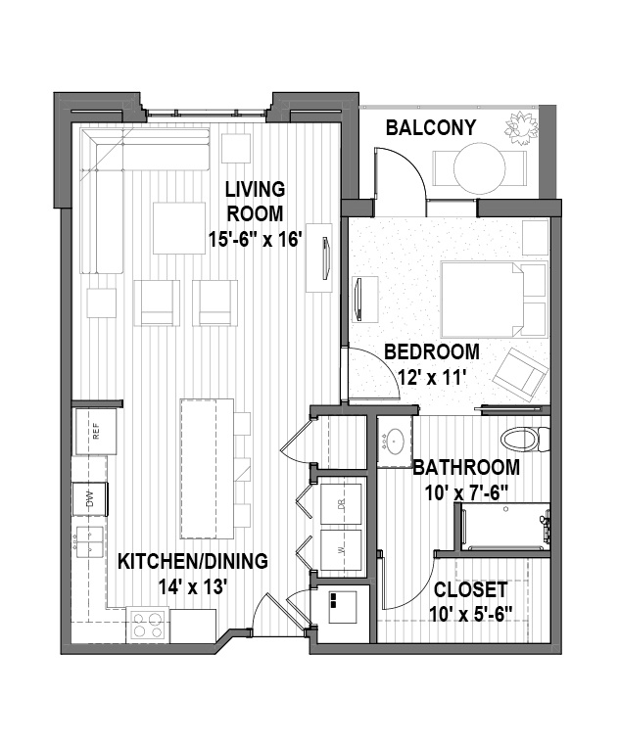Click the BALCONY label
click(430, 127)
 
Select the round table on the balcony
click(480, 167)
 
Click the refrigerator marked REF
click(96, 432)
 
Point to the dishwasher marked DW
click(89, 499)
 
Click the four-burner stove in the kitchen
click(147, 625)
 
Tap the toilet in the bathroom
click(525, 440)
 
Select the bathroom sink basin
click(395, 440)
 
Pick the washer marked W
click(341, 549)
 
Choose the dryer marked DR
click(341, 504)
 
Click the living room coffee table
click(179, 228)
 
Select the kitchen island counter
click(207, 469)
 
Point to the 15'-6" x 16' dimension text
click(256, 240)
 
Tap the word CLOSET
click(470, 590)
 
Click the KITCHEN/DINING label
click(193, 561)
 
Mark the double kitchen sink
click(89, 541)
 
